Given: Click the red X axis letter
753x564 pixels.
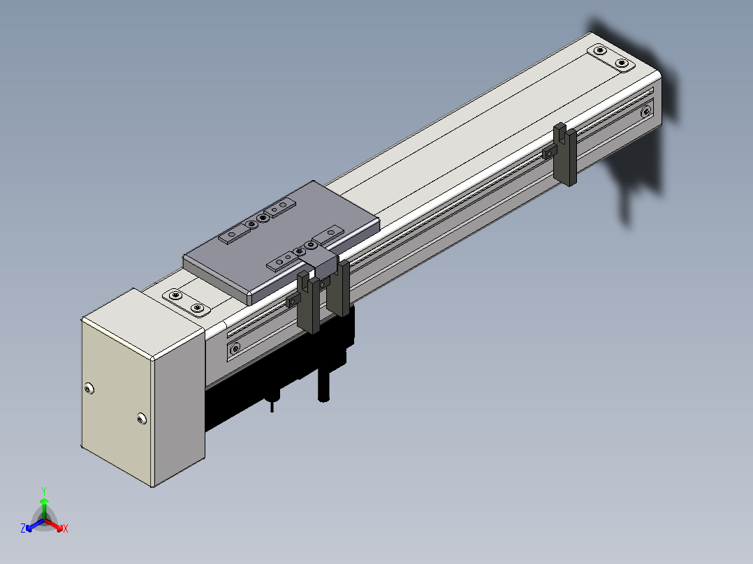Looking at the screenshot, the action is pyautogui.click(x=66, y=528).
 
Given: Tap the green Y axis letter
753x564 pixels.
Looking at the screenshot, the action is pyautogui.click(x=44, y=491).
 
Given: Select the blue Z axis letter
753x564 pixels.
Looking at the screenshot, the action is pyautogui.click(x=23, y=528).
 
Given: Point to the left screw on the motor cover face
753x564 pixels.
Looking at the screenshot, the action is pyautogui.click(x=89, y=388).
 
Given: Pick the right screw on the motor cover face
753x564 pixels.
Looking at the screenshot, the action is pyautogui.click(x=141, y=419).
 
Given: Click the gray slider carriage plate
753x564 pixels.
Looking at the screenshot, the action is pyautogui.click(x=282, y=242).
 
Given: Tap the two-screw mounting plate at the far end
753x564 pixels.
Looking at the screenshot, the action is pyautogui.click(x=611, y=57).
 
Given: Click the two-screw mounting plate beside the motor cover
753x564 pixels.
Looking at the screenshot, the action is pyautogui.click(x=187, y=302).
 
